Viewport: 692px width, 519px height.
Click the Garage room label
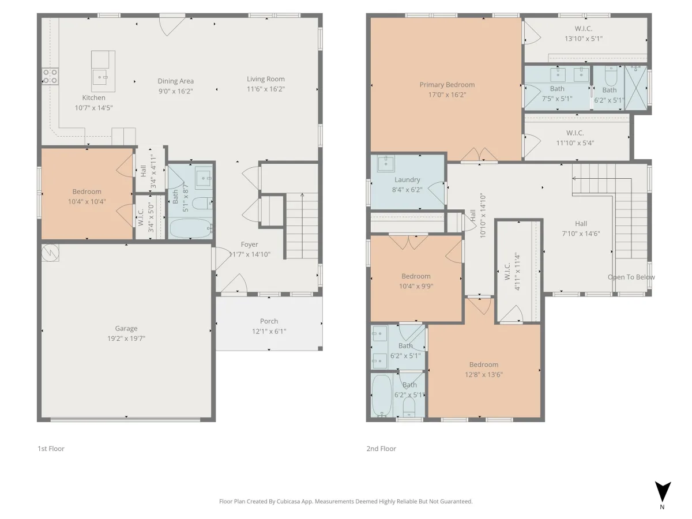pos(126,328)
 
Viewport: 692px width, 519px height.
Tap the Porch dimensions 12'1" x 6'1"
pos(269,331)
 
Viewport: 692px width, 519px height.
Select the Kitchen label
pos(93,97)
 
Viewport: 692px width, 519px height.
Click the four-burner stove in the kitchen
pos(50,76)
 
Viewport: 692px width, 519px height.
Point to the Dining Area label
pos(176,81)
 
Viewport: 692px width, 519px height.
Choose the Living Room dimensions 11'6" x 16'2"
pos(266,89)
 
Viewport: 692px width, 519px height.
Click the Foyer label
pos(249,245)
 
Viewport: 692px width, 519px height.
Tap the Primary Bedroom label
pos(447,85)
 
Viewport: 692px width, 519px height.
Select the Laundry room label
pos(407,180)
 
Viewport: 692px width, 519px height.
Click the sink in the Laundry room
pos(386,163)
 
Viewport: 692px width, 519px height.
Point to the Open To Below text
pos(631,277)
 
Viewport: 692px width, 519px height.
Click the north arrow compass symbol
pos(663,492)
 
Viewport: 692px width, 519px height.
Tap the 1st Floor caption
pos(51,449)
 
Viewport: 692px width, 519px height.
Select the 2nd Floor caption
pos(381,449)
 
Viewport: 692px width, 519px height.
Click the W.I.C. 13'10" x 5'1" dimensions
pos(584,39)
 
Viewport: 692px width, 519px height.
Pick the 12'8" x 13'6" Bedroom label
pos(484,364)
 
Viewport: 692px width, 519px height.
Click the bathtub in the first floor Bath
pos(191,228)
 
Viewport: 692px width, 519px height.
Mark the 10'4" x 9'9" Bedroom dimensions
pos(416,287)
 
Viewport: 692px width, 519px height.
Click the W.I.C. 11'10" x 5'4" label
pos(575,133)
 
